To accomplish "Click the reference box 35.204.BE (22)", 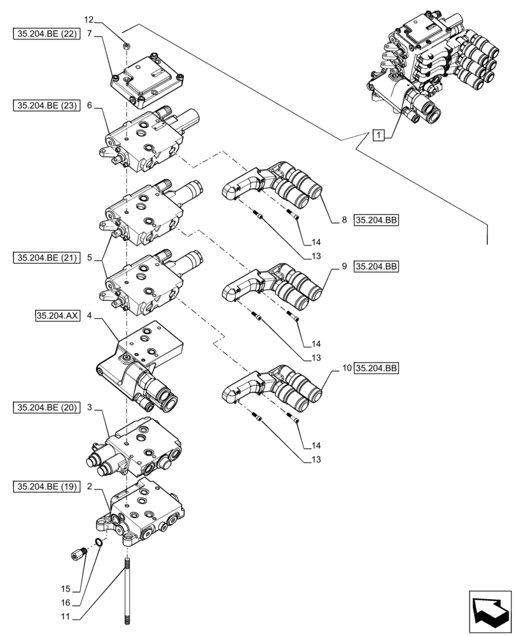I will (45, 34).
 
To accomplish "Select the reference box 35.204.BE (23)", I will (45, 106).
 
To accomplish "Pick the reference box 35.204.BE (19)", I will (45, 487).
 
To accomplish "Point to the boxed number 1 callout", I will (379, 135).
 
